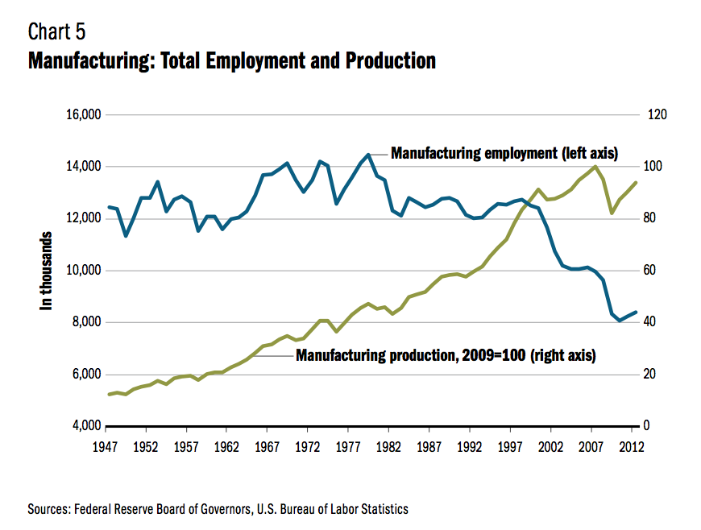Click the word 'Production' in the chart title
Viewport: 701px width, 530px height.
[390, 61]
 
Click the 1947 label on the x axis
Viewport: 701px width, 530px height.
[106, 445]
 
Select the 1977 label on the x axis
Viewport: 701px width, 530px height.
[348, 445]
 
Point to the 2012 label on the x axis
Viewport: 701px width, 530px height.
[632, 445]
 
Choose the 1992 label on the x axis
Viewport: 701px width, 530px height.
[470, 445]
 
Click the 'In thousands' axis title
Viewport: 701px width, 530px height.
[47, 271]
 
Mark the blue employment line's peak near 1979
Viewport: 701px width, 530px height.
[368, 155]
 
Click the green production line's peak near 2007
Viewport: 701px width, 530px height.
[595, 167]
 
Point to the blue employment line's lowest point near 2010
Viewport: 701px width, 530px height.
[619, 321]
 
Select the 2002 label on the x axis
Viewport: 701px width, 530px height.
[551, 445]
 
